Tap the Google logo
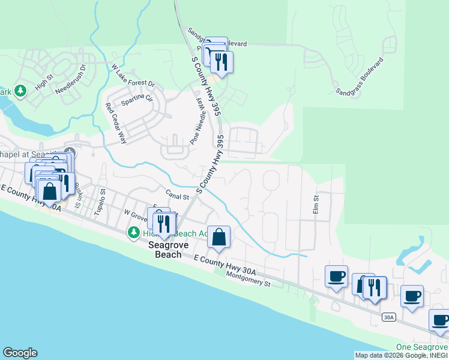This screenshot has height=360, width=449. coord(20,353)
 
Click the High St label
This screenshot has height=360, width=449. coord(44,82)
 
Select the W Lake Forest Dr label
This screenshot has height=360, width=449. coord(133,76)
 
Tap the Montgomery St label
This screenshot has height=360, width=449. coord(250,278)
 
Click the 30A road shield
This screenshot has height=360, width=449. coord(388,316)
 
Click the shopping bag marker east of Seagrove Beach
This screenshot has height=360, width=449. coord(219,237)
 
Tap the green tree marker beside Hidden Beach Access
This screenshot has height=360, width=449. coord(133,232)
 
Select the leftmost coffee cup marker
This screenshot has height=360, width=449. coord(336,276)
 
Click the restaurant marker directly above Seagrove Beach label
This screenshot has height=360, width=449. coord(163,224)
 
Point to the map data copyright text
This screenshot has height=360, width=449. coord(400,355)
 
